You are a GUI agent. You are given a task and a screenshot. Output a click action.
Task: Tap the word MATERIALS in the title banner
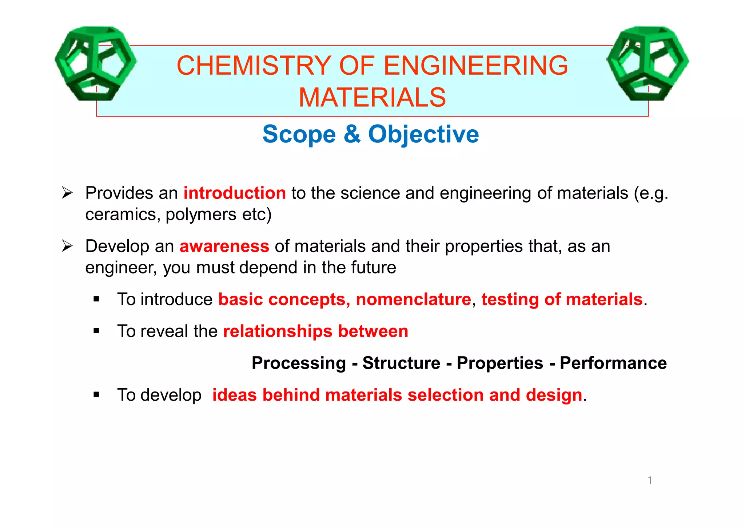[x=372, y=98]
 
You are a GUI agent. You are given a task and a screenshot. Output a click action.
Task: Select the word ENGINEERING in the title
[x=476, y=66]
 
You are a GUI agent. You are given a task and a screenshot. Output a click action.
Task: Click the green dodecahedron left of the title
[x=95, y=63]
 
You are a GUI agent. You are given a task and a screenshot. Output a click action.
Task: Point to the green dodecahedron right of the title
[x=648, y=63]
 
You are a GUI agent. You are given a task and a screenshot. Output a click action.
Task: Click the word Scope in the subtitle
[x=299, y=134]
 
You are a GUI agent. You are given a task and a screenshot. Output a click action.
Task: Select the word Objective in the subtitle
[x=423, y=134]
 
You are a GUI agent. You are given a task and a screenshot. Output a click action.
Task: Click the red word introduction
[x=235, y=193]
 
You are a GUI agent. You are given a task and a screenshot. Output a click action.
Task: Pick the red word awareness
[x=224, y=247]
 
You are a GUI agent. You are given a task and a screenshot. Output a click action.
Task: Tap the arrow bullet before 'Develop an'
[x=67, y=246]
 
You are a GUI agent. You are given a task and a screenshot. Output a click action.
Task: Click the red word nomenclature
[x=414, y=299]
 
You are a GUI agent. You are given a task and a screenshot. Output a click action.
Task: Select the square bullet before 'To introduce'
[x=96, y=299]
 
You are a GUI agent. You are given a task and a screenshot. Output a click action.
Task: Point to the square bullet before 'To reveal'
[x=96, y=331]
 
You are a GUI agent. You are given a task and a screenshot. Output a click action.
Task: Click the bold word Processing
[x=299, y=363]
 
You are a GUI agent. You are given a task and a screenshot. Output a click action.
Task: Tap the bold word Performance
[x=613, y=363]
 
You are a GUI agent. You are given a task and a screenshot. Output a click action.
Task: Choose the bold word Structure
[x=401, y=363]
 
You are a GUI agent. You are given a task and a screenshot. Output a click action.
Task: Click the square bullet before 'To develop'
[x=96, y=394]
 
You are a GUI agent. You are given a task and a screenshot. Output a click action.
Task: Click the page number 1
[x=650, y=480]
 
